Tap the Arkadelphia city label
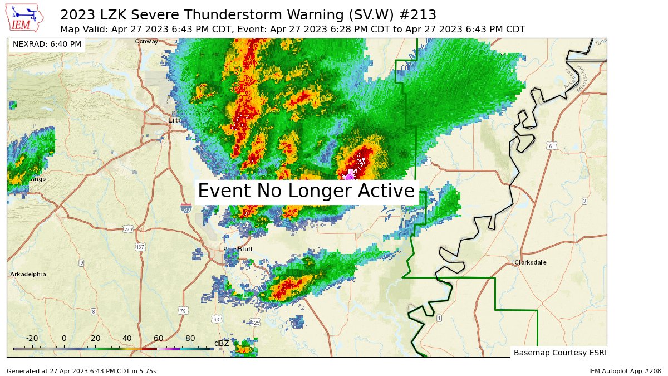(x=28, y=274)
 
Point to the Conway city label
(x=146, y=41)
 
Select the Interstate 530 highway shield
(x=186, y=208)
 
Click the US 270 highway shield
(x=128, y=229)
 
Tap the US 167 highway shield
(x=140, y=246)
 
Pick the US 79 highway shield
(x=183, y=311)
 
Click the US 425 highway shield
(x=256, y=323)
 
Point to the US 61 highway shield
(x=551, y=146)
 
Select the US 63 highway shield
(x=216, y=319)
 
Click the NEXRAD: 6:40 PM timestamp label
(x=47, y=44)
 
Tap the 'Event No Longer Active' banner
(x=306, y=191)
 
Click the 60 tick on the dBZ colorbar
(x=159, y=338)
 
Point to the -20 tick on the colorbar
(x=32, y=338)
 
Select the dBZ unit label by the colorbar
(x=222, y=343)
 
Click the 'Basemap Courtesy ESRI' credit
(x=559, y=353)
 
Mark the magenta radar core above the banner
(x=350, y=176)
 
